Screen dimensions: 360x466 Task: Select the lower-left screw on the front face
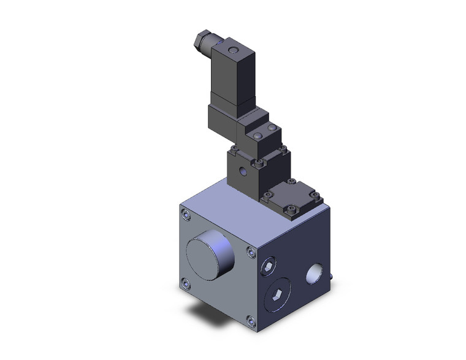coord(186,283)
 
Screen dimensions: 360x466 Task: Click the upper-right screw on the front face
coord(250,251)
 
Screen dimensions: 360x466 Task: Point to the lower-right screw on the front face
coord(250,320)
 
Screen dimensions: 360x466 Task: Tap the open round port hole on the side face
coord(316,272)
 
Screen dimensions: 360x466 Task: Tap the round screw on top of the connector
coord(231,48)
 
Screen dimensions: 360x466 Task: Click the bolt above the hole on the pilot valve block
coord(259,163)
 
